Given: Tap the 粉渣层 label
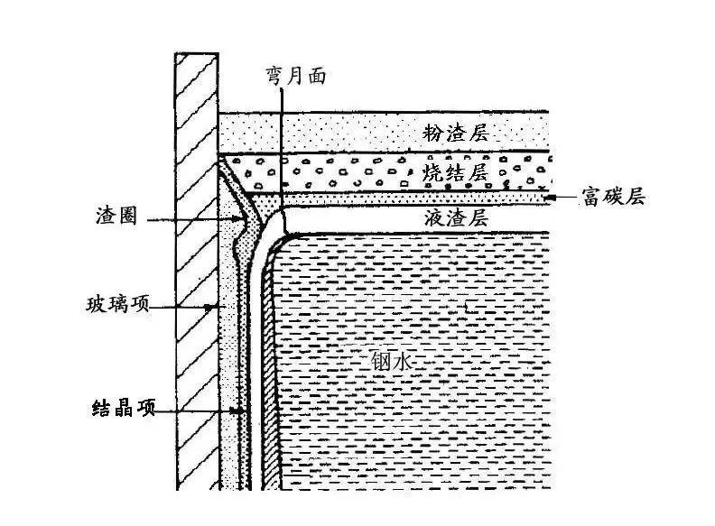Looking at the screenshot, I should [x=455, y=134].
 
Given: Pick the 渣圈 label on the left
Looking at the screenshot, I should [x=116, y=217].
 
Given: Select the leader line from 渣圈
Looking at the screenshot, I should [x=190, y=217].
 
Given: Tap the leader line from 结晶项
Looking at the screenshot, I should [x=199, y=409].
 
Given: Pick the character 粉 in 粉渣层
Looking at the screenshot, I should [x=433, y=134].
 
